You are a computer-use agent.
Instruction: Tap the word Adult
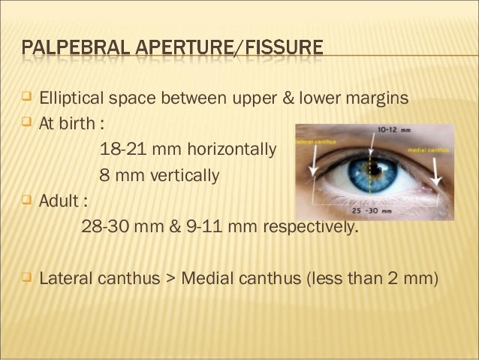click(59, 203)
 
